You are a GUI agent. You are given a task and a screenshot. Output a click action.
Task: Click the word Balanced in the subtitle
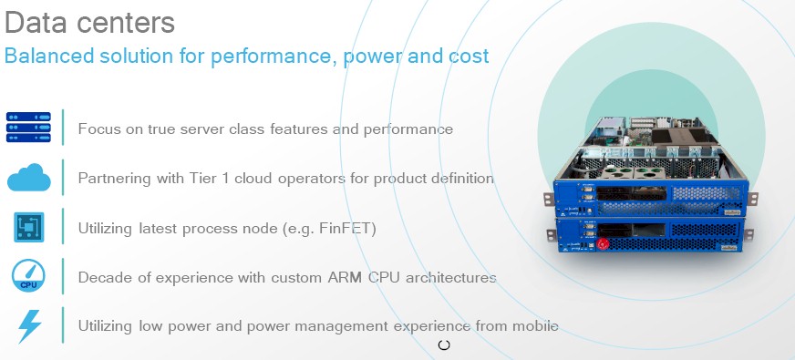49,56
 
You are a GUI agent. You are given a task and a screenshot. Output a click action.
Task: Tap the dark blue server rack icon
28,128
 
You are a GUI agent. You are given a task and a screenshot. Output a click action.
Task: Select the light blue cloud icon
29,178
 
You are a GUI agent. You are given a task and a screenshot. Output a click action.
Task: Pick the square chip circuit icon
29,227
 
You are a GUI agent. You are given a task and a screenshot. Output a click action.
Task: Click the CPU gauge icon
28,276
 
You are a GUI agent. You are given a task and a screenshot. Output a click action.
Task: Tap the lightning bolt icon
29,326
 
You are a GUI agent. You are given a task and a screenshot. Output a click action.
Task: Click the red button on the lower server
602,244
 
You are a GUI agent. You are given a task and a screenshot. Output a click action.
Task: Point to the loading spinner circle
444,345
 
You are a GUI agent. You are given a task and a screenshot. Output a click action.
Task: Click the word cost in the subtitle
469,57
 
